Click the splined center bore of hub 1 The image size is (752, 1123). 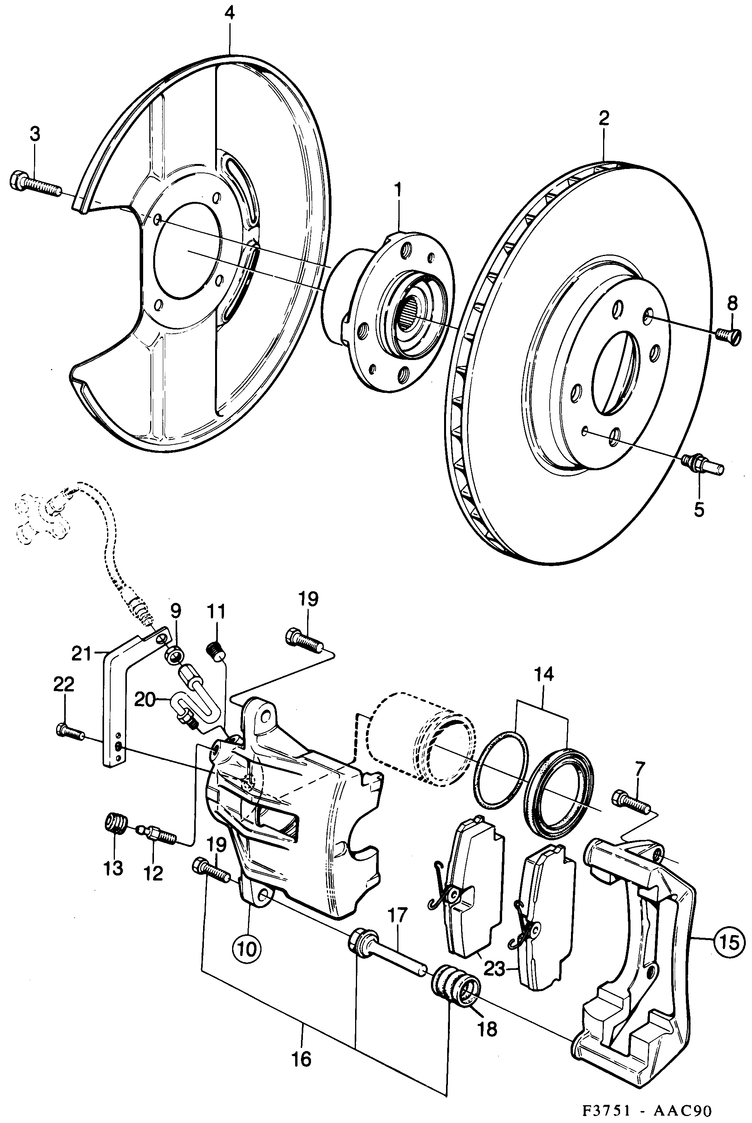coord(408,312)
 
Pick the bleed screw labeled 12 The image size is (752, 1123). coord(156,831)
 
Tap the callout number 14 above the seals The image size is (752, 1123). coord(543,674)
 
